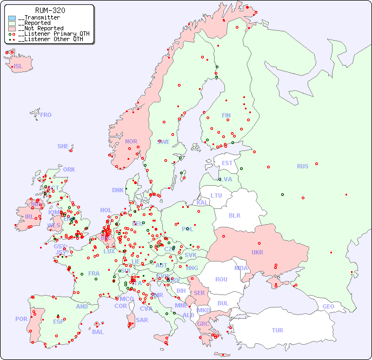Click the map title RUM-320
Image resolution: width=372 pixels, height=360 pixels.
pyautogui.click(x=50, y=10)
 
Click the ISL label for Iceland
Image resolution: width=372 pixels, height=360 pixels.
pyautogui.click(x=18, y=67)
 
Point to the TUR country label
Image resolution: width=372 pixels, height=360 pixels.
pyautogui.click(x=277, y=330)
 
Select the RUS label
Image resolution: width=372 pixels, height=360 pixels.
pyautogui.click(x=302, y=166)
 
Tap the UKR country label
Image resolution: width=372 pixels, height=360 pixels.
pyautogui.click(x=257, y=252)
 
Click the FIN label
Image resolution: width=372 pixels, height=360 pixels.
pyautogui.click(x=226, y=115)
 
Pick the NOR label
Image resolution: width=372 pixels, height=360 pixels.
pyautogui.click(x=131, y=141)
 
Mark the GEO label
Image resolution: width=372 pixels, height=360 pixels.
pyautogui.click(x=328, y=306)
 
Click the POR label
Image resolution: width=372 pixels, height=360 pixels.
pyautogui.click(x=21, y=319)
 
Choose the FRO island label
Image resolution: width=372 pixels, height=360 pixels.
pyautogui.click(x=46, y=115)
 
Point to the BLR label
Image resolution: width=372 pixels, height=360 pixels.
pyautogui.click(x=234, y=215)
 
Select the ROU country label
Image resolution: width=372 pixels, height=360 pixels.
pyautogui.click(x=221, y=279)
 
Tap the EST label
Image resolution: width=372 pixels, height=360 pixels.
pyautogui.click(x=227, y=163)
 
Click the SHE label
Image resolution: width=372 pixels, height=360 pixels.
pyautogui.click(x=63, y=146)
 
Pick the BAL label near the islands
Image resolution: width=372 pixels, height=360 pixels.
pyautogui.click(x=97, y=332)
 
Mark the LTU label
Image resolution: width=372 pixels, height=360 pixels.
pyautogui.click(x=216, y=195)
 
